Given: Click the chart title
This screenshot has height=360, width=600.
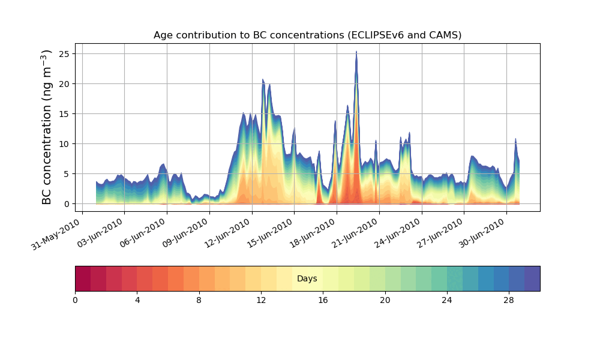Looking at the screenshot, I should (x=307, y=35).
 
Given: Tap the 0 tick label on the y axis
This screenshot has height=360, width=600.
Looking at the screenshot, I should (x=67, y=203).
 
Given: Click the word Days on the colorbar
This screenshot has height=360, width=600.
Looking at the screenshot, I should (x=307, y=278).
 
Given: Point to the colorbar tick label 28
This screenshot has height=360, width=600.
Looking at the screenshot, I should (x=509, y=299).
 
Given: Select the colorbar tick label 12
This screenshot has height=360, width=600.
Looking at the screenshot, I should (x=261, y=299).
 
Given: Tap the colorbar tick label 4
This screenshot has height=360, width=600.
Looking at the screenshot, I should (x=137, y=299).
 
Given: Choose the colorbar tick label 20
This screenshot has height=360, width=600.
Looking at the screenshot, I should (x=385, y=299).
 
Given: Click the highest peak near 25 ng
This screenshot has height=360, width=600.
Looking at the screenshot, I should (x=356, y=53).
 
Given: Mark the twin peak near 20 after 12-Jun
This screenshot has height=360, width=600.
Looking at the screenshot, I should (x=263, y=80).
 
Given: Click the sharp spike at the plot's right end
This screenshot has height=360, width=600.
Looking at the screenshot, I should (x=515, y=140).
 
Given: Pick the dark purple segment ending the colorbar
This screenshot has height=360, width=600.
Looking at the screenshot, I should (x=532, y=278).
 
